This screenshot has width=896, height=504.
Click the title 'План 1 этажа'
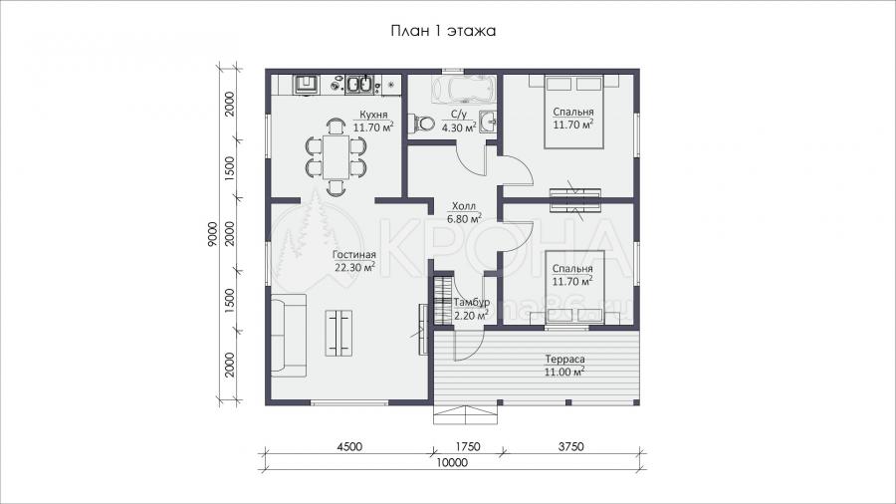pos(443,31)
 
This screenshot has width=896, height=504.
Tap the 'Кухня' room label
pos(373,115)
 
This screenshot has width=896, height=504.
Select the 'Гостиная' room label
pos(354,255)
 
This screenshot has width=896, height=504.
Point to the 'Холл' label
pos(463,206)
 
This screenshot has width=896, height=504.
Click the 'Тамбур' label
pos(472,303)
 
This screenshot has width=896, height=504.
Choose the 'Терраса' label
pos(564,360)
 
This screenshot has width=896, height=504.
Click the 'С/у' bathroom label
pos(460,115)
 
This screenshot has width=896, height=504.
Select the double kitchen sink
pos(358,85)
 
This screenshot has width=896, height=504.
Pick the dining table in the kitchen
pos(336,156)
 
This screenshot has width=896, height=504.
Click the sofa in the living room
pos(289,335)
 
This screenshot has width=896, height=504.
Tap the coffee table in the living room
pos(338,333)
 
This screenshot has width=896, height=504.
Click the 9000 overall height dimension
pos(213,234)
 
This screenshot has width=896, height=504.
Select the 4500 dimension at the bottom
pos(348,446)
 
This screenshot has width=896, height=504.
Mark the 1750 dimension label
pos(467,446)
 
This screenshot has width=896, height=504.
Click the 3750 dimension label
pos(569,446)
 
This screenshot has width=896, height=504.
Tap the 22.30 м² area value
pos(354,267)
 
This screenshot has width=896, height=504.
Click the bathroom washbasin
pos(488,122)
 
